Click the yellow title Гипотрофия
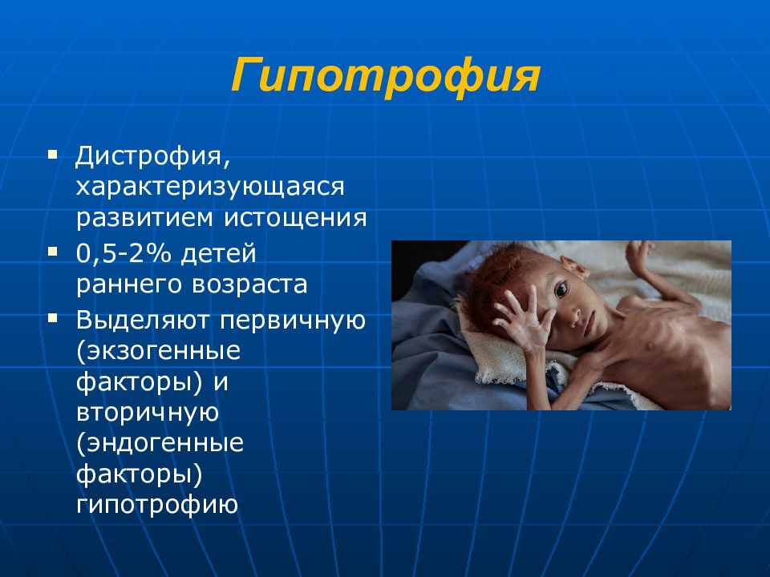[386, 77]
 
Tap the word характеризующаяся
[210, 187]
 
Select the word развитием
[144, 217]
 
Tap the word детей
[218, 254]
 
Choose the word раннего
[128, 285]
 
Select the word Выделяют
[143, 321]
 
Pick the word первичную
[294, 321]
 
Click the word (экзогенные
[159, 351]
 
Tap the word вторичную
[148, 413]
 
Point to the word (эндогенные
[160, 443]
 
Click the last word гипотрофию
[157, 505]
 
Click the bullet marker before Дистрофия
[53, 155]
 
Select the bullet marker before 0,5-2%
[53, 252]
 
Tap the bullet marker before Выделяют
[53, 319]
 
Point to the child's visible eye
[561, 289]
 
